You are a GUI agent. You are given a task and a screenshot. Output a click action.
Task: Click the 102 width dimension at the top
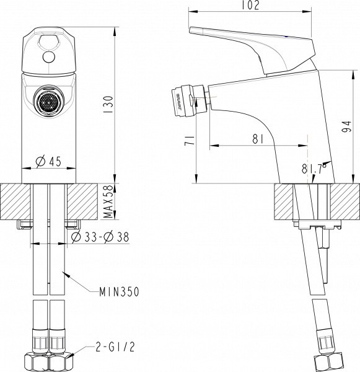pyautogui.click(x=251, y=6)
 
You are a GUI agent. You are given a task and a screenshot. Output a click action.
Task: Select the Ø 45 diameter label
pyautogui.click(x=48, y=162)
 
